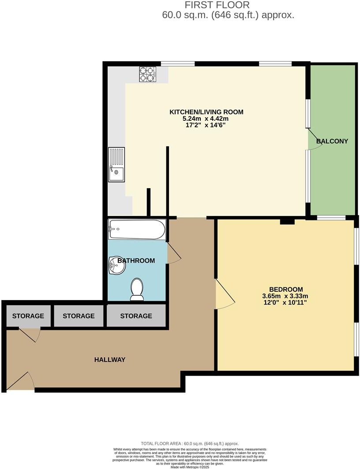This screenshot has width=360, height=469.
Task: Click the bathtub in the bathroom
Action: click(137, 230)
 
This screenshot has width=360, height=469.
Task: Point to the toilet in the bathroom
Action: click(137, 290)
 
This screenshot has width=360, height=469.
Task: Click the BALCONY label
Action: click(332, 141)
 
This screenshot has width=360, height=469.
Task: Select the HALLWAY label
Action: click(110, 360)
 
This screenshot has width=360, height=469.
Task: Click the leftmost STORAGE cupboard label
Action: click(28, 316)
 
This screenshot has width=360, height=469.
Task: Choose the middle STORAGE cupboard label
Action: click(79, 316)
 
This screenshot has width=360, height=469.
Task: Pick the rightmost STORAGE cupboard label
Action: click(136, 316)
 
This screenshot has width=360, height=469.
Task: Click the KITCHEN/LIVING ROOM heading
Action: click(206, 112)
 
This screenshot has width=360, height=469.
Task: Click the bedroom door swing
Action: click(224, 293)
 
